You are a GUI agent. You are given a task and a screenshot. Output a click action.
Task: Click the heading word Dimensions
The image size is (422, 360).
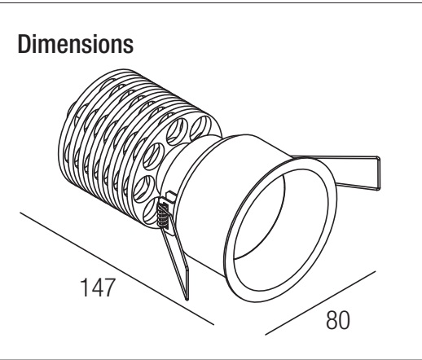(76, 44)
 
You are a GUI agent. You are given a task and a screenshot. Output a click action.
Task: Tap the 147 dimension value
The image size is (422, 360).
(98, 288)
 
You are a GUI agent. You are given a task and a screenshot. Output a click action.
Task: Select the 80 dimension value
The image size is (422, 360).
(338, 320)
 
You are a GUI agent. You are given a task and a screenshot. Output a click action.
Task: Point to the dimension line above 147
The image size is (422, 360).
(116, 268)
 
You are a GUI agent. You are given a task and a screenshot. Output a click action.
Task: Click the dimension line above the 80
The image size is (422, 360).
(320, 303)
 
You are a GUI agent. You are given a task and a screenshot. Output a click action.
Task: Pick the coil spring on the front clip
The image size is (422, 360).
(163, 215)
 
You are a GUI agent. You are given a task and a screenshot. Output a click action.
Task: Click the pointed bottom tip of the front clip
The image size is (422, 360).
(187, 300)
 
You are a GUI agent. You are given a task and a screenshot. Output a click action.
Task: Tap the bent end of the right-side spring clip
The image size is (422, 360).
(378, 173)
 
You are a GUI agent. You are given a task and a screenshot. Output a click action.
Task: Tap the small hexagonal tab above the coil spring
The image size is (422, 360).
(171, 196)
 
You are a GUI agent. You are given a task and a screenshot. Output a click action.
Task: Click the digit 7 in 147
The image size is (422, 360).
(109, 288)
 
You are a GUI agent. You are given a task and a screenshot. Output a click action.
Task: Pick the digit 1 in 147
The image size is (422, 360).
(84, 288)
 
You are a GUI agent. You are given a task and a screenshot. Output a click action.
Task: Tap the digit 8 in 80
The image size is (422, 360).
(332, 320)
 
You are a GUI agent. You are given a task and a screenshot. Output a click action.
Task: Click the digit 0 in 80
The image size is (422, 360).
(345, 320)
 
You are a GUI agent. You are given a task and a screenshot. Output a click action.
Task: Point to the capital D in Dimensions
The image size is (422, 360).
(24, 44)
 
